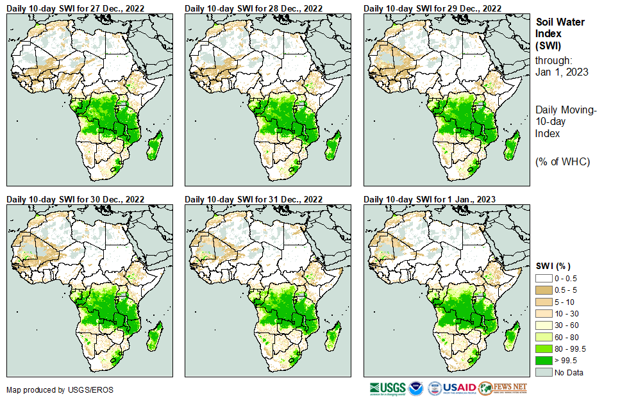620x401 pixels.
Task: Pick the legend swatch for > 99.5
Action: pyautogui.click(x=544, y=360)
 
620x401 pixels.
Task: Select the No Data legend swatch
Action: pyautogui.click(x=544, y=372)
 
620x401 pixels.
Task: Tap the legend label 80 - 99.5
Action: pyautogui.click(x=571, y=348)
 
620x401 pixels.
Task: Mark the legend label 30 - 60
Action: pyautogui.click(x=566, y=325)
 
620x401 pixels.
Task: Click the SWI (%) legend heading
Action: pyautogui.click(x=553, y=266)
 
